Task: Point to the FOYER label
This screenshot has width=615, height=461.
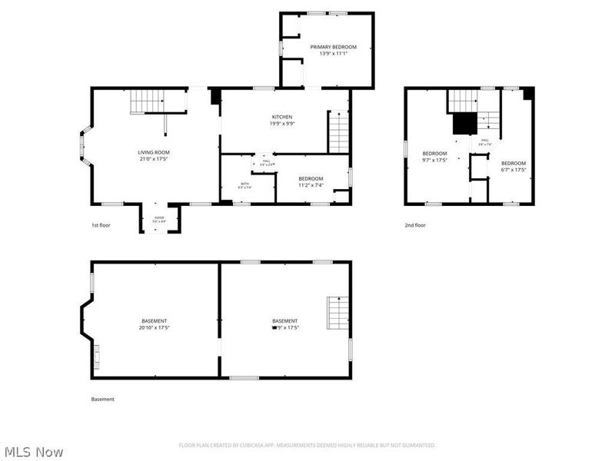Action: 159,217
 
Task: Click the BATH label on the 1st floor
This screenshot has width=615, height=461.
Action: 244,184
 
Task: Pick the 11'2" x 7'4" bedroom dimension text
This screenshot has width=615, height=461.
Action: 311,185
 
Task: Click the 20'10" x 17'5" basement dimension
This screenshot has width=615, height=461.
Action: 154,327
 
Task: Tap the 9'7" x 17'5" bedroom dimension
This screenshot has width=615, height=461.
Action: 434,161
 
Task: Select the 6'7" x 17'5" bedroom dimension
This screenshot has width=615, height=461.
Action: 514,170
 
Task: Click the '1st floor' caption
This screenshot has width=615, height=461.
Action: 101,225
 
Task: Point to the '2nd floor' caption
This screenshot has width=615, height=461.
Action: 415,225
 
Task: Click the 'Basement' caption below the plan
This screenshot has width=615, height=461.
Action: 102,399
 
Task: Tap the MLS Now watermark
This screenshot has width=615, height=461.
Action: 34,453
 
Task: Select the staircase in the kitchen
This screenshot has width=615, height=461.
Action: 339,131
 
